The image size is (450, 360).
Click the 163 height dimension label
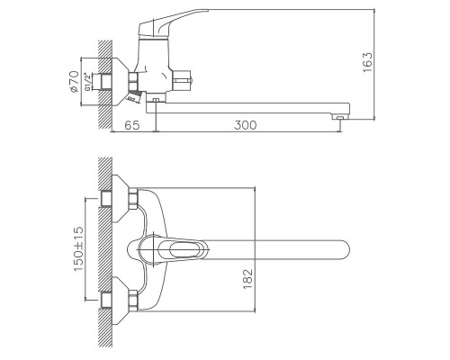(x=367, y=62)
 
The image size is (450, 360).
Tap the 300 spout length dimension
(x=246, y=125)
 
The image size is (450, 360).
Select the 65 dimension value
(x=132, y=125)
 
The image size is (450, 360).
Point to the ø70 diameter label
(x=75, y=81)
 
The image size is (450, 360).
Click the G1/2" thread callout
(x=87, y=82)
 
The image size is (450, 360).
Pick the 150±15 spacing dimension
(x=78, y=249)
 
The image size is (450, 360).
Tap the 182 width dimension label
(x=247, y=279)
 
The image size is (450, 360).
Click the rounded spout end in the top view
(x=345, y=249)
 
